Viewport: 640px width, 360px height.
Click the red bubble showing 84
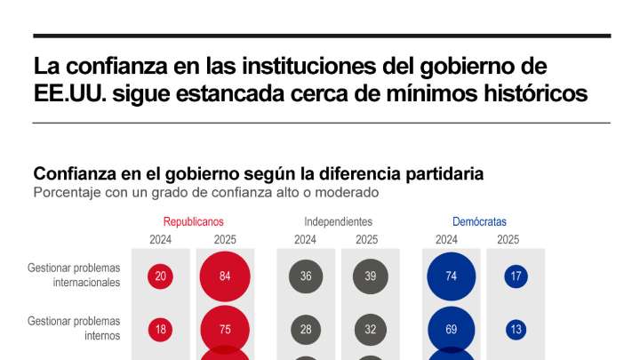[225, 276]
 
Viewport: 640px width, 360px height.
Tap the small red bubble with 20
[161, 276]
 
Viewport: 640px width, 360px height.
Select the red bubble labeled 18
[161, 330]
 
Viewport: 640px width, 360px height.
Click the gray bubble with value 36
[306, 276]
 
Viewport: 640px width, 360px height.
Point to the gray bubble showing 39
[370, 276]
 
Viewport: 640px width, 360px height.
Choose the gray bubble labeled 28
[306, 330]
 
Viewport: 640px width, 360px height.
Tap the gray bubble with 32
[370, 330]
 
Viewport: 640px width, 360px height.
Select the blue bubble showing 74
[452, 276]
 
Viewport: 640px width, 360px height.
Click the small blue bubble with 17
[516, 276]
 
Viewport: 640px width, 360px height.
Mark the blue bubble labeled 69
[452, 330]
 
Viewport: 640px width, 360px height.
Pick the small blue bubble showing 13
[516, 330]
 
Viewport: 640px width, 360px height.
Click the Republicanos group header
[193, 221]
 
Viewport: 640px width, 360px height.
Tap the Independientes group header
[338, 221]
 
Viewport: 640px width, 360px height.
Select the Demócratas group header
[480, 221]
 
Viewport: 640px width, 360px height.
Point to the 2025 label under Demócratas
[508, 239]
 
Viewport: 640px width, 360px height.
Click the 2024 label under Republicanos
[161, 239]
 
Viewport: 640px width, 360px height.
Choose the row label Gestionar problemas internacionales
[74, 275]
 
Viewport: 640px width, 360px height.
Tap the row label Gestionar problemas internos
[74, 327]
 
